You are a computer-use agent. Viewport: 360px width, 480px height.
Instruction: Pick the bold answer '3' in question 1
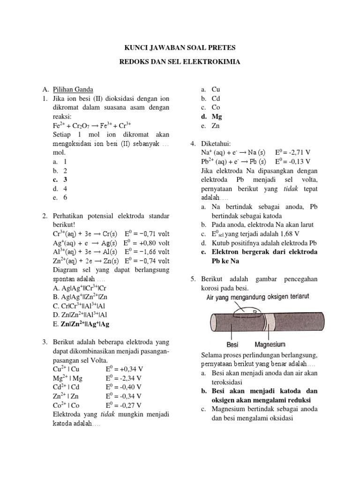[66, 180]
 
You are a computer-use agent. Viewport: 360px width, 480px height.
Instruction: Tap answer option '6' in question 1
[66, 198]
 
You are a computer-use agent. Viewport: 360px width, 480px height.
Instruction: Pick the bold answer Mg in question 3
[217, 117]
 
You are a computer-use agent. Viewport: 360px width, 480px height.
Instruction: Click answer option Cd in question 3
[216, 98]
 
